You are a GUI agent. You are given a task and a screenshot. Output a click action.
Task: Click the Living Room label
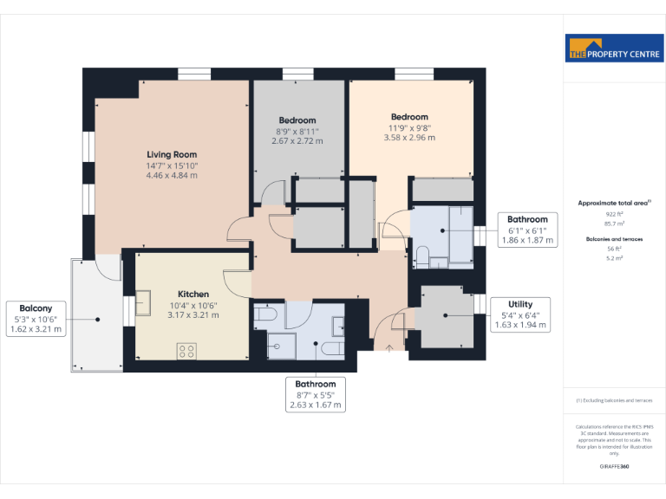click(x=172, y=153)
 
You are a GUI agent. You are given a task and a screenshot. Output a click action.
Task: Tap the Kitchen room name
click(x=193, y=294)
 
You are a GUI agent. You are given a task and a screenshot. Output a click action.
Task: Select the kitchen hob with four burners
click(x=186, y=350)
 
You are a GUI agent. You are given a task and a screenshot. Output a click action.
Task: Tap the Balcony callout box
click(x=36, y=318)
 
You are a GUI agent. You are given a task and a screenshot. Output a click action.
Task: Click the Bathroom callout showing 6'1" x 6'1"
click(x=527, y=230)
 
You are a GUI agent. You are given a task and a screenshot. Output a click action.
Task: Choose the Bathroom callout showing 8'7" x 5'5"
click(x=315, y=394)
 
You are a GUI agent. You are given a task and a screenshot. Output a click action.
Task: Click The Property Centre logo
click(x=614, y=49)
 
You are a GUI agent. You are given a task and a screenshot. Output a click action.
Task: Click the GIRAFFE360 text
click(x=613, y=466)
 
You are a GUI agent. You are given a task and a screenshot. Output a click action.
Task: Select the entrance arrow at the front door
click(x=388, y=348)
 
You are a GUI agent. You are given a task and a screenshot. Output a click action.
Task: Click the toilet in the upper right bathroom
click(x=423, y=256)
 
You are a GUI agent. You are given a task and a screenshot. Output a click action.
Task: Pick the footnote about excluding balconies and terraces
click(x=613, y=400)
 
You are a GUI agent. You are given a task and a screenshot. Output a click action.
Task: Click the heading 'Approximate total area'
click(x=613, y=202)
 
